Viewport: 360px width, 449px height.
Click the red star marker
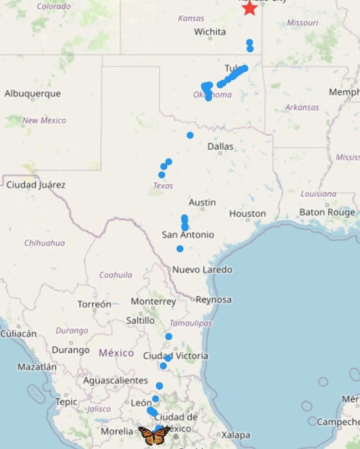coord(249,8)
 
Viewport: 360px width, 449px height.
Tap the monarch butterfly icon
coord(154,435)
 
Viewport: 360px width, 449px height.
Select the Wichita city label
coord(210,32)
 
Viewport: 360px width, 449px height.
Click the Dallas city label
coord(220,147)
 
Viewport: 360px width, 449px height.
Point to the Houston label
coord(247,214)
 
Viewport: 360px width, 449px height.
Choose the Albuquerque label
coord(32,93)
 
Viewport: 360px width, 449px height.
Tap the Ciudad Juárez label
coord(36,185)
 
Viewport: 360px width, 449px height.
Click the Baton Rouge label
coord(327,213)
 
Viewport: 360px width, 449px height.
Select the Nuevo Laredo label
coord(202,270)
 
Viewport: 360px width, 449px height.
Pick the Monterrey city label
coord(153,301)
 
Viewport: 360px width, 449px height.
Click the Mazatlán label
coord(37,367)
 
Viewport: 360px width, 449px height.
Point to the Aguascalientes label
coord(115,381)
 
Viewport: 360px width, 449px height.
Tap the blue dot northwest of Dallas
coord(190,135)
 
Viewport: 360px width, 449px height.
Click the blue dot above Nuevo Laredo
coord(180,249)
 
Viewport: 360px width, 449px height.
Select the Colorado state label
coord(53,7)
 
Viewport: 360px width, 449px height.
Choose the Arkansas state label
coord(302,107)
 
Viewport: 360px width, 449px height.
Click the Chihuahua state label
coord(45,243)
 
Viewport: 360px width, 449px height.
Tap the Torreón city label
coord(94,304)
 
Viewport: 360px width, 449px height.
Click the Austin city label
coord(202,202)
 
